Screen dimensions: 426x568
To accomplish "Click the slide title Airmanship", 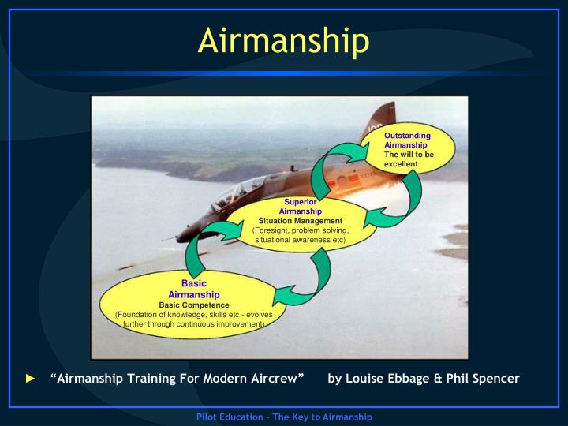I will (283, 42).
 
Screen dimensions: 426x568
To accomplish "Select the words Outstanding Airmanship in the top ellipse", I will (407, 140).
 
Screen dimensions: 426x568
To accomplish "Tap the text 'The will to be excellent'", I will (409, 159).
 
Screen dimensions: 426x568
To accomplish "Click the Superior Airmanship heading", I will (300, 207).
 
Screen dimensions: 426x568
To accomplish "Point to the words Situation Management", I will (300, 221).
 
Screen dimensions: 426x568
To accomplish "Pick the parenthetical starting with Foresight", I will (300, 234).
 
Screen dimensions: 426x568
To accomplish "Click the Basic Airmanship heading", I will (193, 289).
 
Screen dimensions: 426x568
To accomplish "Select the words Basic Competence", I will (193, 305).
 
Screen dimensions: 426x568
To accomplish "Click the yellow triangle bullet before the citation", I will (31, 379).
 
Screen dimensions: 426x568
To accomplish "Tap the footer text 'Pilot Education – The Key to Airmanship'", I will (283, 416).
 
